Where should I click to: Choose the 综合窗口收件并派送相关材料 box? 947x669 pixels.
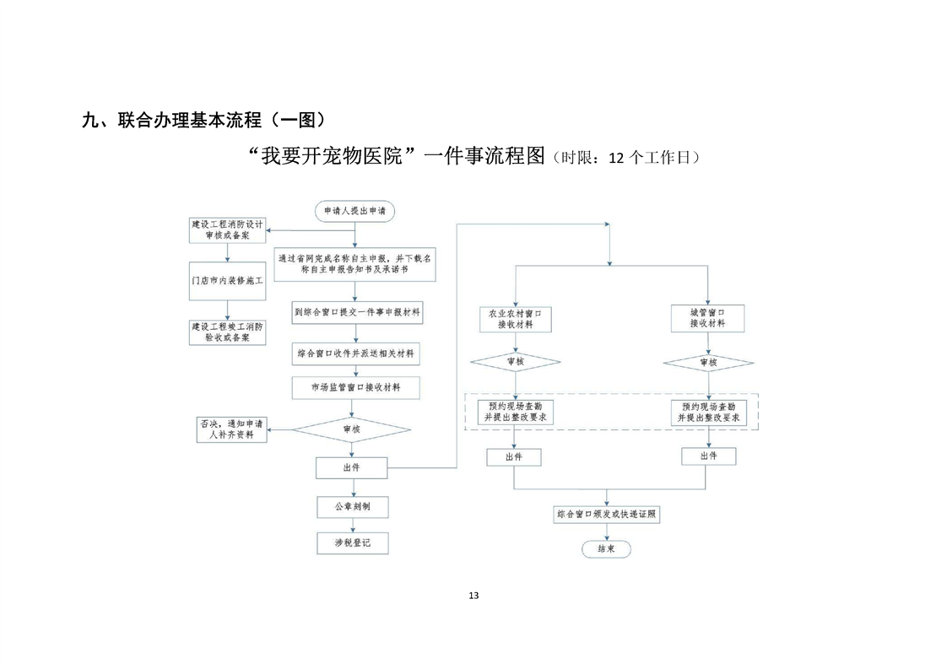click(x=356, y=353)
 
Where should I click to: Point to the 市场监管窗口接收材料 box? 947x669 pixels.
click(x=355, y=388)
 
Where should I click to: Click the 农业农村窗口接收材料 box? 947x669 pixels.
click(x=515, y=318)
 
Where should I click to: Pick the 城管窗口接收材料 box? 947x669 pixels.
click(x=708, y=317)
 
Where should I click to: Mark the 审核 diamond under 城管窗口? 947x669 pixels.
click(x=708, y=363)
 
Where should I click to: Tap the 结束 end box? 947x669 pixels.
click(x=606, y=548)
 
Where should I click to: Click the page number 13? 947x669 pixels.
click(x=473, y=596)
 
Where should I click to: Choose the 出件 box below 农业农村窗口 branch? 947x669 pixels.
click(x=513, y=456)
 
